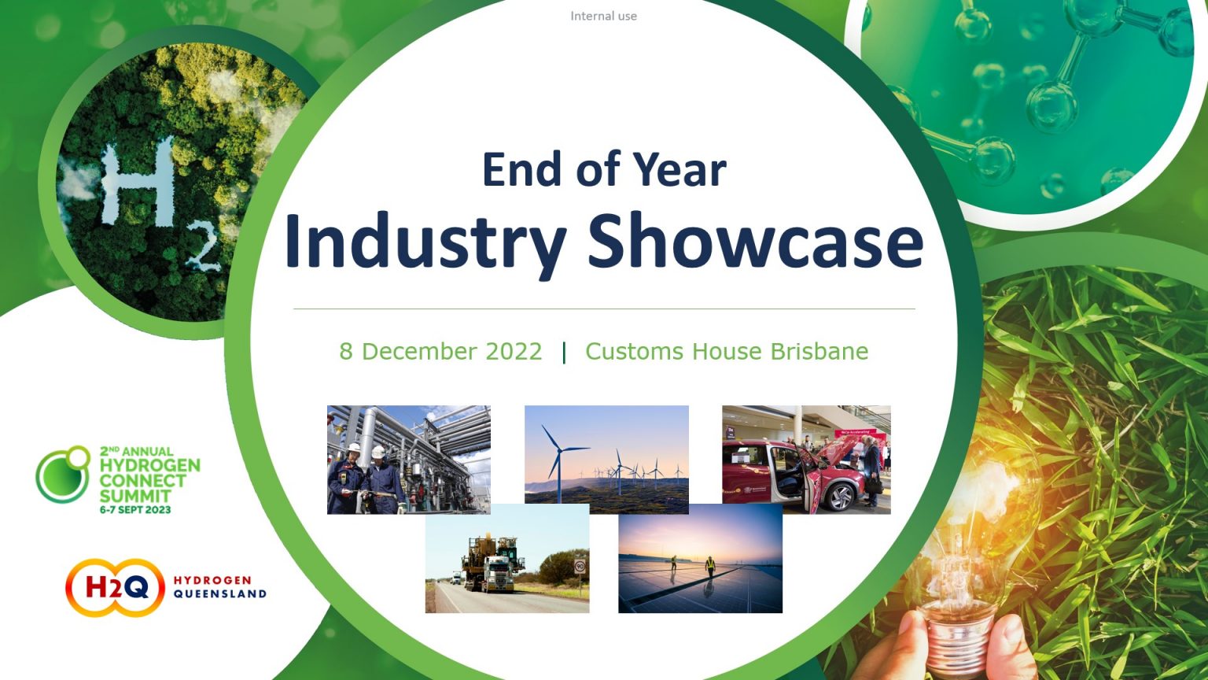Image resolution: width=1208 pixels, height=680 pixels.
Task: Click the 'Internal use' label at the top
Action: click(x=603, y=16)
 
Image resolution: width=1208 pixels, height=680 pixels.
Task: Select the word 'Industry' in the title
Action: click(x=425, y=242)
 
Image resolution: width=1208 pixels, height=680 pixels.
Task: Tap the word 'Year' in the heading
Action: click(x=679, y=170)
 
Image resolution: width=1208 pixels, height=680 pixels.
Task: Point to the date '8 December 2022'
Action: click(x=440, y=351)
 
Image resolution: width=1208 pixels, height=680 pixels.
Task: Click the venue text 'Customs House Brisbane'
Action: click(x=727, y=351)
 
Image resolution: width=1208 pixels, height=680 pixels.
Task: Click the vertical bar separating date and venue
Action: click(x=564, y=353)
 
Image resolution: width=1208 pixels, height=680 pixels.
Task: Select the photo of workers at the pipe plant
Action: click(x=408, y=460)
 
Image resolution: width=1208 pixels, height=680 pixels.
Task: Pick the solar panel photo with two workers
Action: click(x=700, y=559)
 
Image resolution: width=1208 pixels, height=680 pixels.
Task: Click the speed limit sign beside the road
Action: click(x=580, y=566)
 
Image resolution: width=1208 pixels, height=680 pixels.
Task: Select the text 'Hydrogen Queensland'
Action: click(x=220, y=587)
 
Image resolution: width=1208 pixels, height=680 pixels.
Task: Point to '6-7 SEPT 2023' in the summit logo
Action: click(x=135, y=510)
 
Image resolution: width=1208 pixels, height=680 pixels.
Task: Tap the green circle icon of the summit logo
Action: click(x=64, y=475)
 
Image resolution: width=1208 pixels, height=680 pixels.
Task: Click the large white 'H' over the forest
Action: click(x=138, y=183)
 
